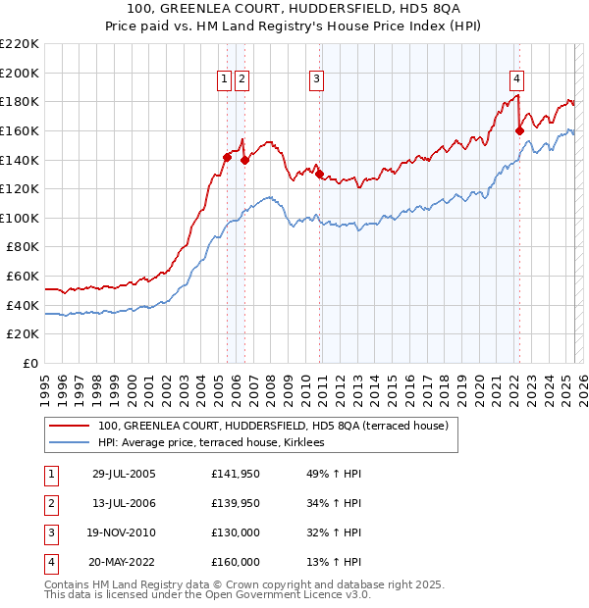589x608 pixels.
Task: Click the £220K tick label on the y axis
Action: point(20,43)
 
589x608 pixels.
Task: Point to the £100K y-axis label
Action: point(20,218)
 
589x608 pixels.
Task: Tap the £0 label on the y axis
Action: point(29,363)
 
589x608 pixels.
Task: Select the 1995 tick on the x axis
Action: point(45,382)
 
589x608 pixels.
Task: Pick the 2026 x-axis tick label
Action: point(577,382)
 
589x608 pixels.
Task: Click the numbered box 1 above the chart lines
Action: point(225,80)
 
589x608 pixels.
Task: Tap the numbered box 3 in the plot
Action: point(317,80)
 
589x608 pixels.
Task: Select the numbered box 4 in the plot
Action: point(516,80)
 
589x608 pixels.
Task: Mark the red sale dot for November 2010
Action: point(320,174)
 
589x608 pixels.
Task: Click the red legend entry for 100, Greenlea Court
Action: point(273,426)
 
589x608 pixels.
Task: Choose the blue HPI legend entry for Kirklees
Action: point(218,443)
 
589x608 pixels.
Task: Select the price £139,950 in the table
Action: point(236,505)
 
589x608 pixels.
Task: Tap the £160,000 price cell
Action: point(236,563)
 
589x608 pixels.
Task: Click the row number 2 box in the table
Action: point(50,505)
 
